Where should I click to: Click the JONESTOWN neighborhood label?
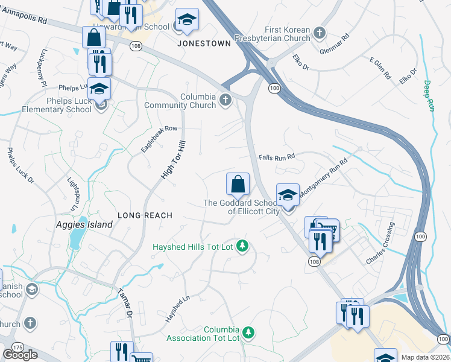click(x=195, y=44)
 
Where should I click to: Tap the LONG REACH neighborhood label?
click(x=145, y=215)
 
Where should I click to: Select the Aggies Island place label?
click(x=85, y=225)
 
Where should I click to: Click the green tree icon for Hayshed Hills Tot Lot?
click(x=242, y=246)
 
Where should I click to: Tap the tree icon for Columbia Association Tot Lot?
click(x=247, y=332)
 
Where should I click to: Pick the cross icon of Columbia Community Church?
click(x=225, y=100)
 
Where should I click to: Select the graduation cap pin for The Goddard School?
click(x=288, y=195)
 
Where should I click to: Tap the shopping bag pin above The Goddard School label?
click(x=238, y=184)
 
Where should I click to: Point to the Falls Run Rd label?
click(x=276, y=157)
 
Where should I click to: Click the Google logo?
click(x=20, y=355)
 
